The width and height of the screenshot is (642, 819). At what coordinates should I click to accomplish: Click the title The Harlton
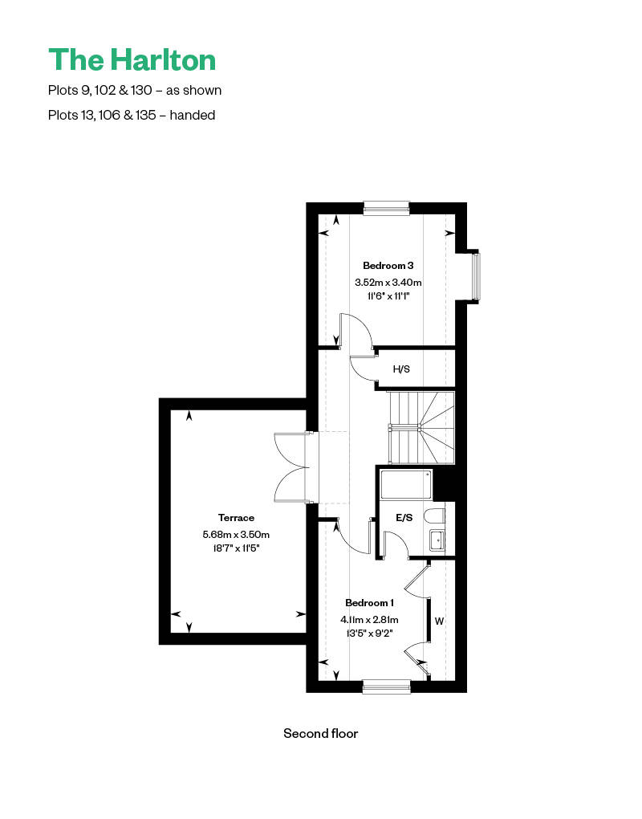click(132, 59)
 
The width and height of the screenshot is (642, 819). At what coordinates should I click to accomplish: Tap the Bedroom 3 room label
click(388, 266)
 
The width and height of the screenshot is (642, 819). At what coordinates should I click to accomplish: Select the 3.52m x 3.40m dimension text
click(388, 283)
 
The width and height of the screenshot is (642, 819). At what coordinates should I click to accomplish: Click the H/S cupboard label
click(401, 369)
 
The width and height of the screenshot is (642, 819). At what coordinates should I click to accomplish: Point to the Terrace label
click(236, 518)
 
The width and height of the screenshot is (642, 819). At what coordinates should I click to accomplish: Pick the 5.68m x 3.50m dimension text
click(236, 534)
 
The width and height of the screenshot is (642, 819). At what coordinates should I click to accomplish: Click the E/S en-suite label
click(404, 518)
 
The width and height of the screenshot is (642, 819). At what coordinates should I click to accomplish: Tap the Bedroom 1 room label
click(369, 603)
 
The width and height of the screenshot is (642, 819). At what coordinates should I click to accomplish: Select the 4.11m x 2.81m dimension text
click(369, 620)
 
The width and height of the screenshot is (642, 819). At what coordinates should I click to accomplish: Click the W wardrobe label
click(439, 621)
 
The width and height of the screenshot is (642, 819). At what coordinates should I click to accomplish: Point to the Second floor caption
click(320, 733)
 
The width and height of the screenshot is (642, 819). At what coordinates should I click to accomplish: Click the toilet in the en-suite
click(434, 515)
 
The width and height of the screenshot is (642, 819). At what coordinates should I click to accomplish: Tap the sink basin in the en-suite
click(437, 540)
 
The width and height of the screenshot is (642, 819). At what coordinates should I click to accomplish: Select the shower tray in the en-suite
click(406, 485)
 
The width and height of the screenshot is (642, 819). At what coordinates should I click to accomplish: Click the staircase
click(422, 427)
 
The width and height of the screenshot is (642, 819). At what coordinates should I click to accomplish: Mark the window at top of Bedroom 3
click(386, 209)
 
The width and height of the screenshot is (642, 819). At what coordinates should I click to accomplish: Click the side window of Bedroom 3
click(475, 277)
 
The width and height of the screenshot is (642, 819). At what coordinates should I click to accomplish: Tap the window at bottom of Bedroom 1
click(386, 687)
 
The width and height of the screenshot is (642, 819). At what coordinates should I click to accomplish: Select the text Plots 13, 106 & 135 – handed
click(132, 115)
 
